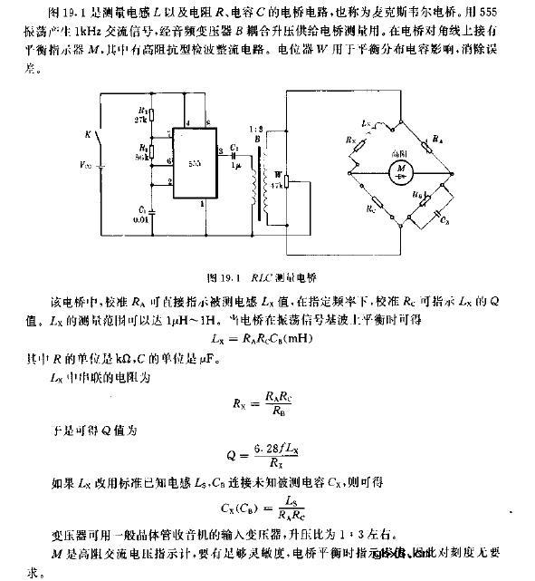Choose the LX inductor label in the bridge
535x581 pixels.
click(364, 121)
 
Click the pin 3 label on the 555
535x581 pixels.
click(222, 150)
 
